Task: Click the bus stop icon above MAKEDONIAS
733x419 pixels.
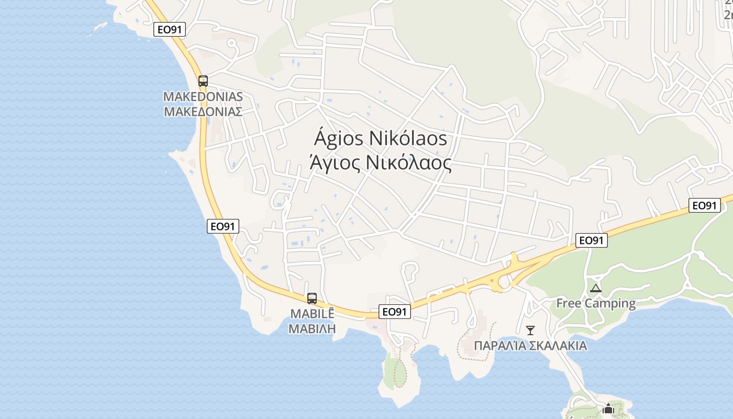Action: click(203, 81)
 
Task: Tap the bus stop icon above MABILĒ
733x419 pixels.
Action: click(312, 299)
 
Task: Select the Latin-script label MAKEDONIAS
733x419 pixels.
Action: click(203, 97)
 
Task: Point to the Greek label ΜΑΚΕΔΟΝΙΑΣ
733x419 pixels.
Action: click(203, 112)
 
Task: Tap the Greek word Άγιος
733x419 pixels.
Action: click(334, 163)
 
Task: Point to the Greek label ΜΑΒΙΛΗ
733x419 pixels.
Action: click(312, 329)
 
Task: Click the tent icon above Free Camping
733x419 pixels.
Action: click(595, 288)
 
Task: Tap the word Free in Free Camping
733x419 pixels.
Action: click(569, 303)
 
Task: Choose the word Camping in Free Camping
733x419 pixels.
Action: click(610, 303)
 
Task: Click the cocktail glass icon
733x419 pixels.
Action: click(530, 330)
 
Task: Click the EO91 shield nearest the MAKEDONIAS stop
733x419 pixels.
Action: click(170, 29)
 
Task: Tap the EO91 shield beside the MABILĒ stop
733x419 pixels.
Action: click(395, 312)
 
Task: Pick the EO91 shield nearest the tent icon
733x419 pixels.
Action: click(592, 240)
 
